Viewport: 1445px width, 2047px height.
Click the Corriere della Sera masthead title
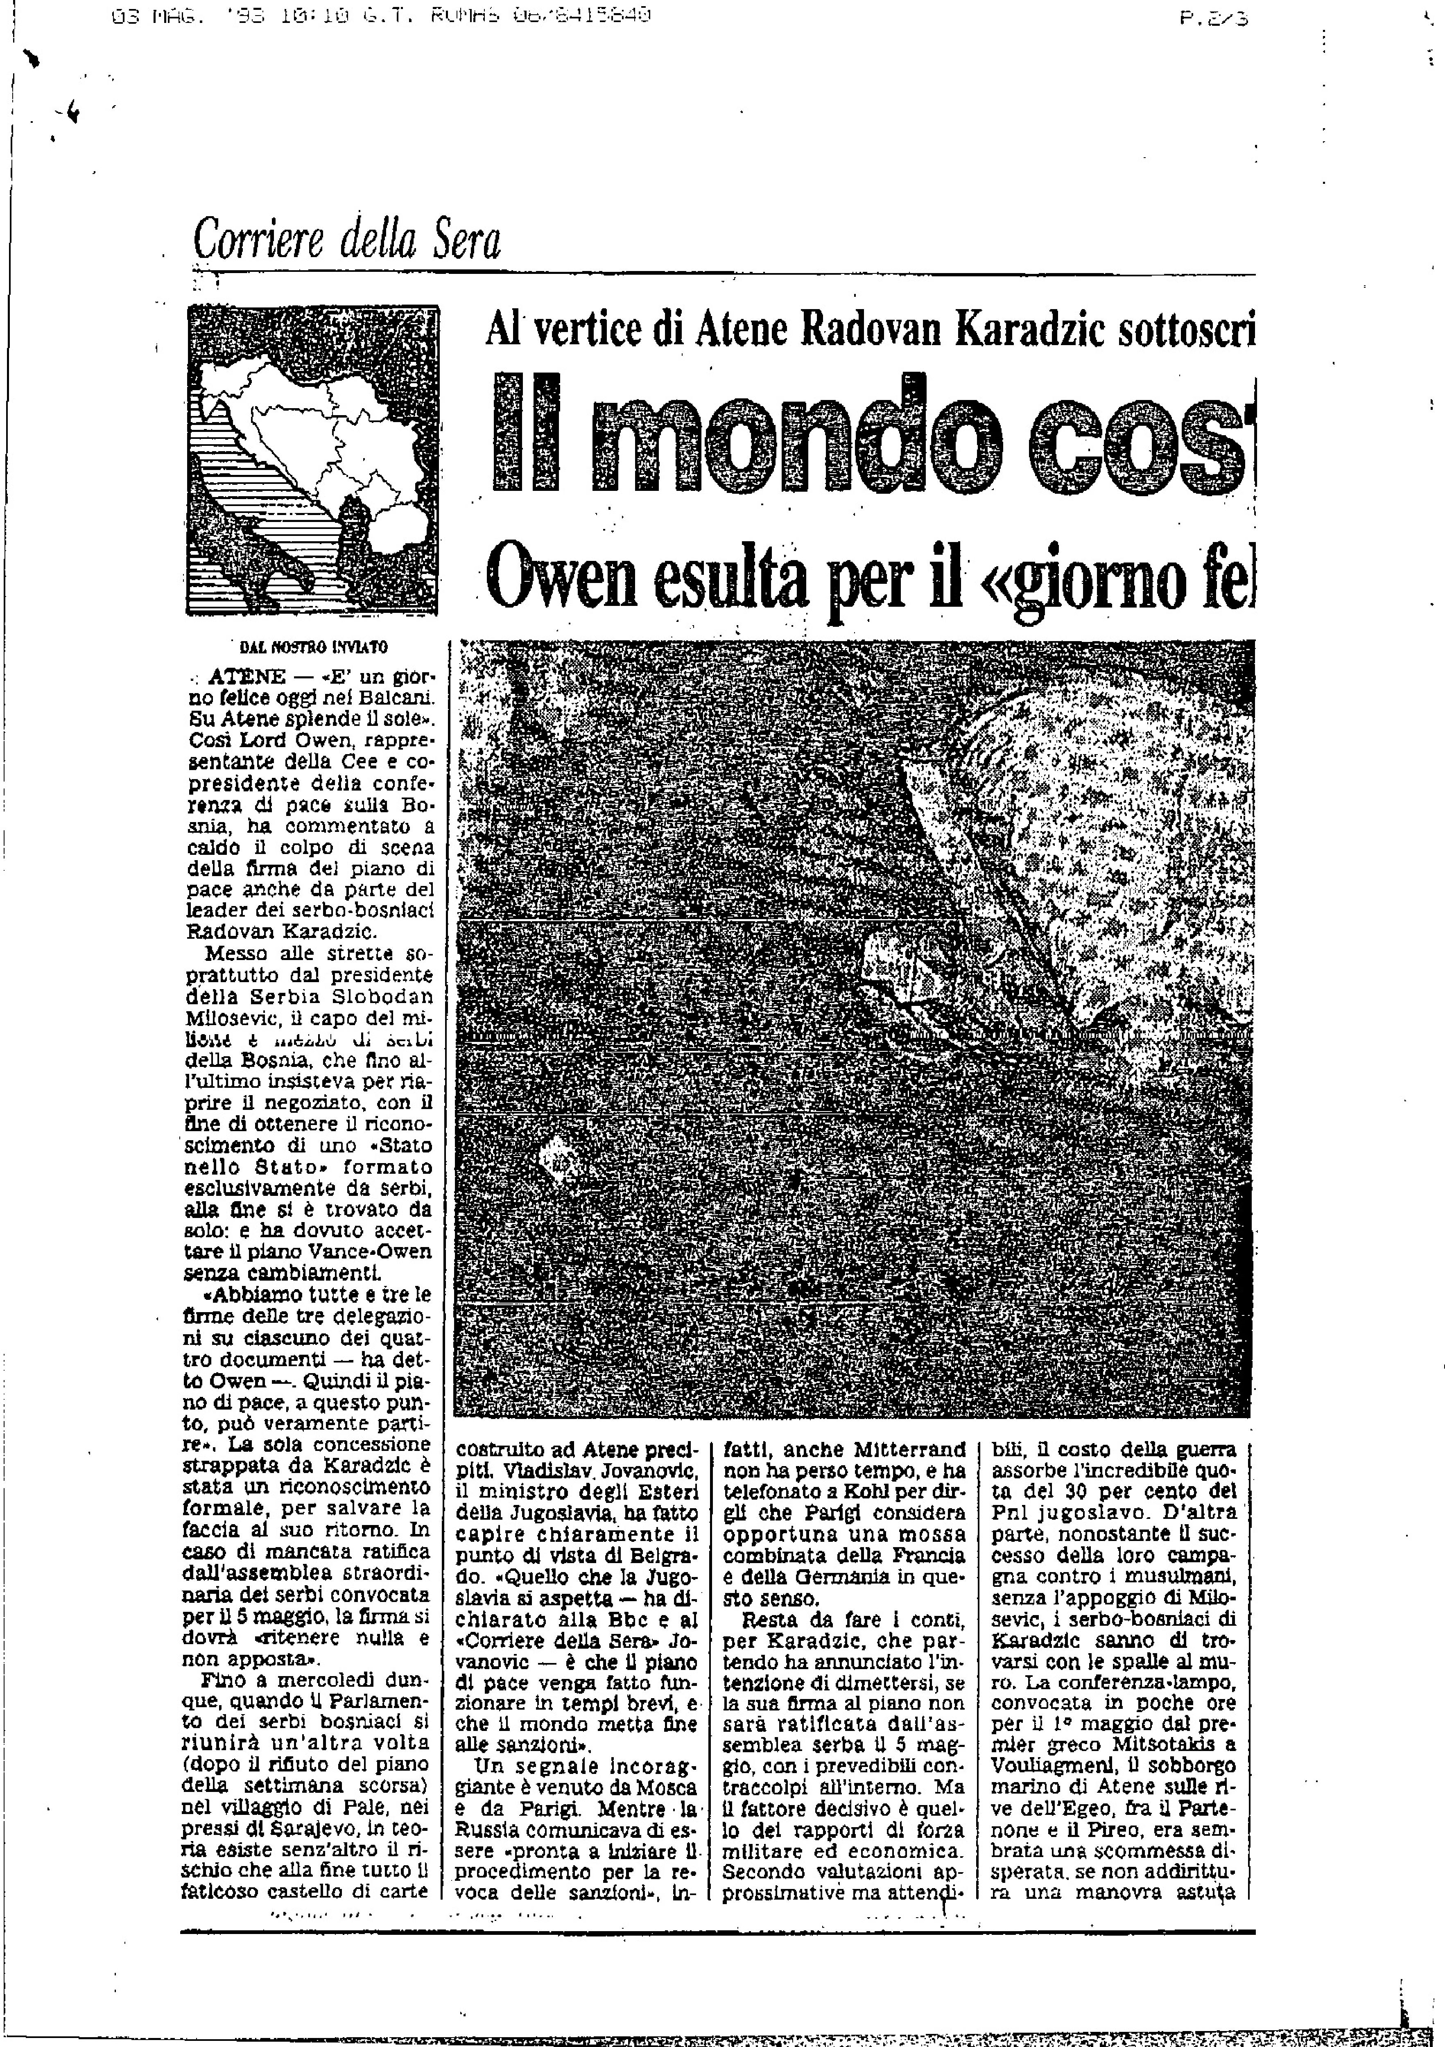click(347, 239)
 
